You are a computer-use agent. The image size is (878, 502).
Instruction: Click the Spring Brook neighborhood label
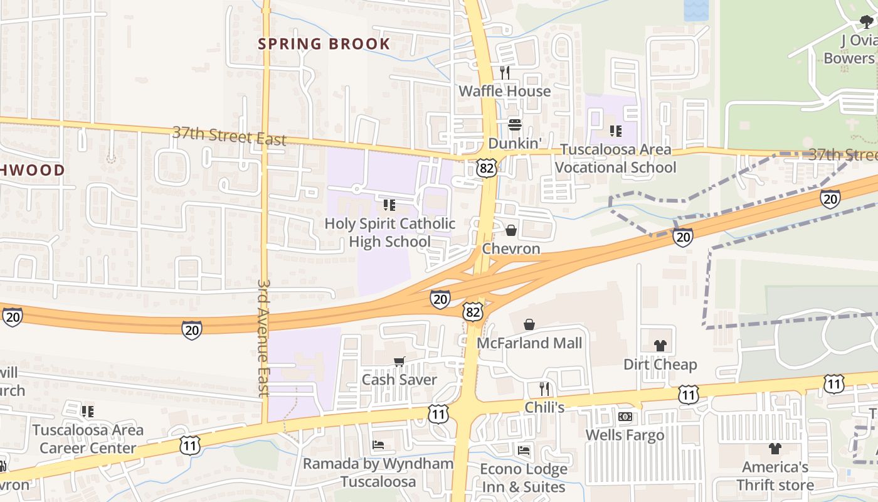(324, 44)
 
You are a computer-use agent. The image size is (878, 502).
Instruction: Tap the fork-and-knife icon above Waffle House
(505, 72)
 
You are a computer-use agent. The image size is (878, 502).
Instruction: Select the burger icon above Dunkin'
(515, 124)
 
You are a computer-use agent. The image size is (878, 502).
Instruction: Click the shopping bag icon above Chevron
(511, 230)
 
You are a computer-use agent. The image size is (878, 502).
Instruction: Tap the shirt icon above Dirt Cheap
(660, 345)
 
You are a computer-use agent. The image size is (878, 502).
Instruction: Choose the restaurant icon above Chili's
(544, 388)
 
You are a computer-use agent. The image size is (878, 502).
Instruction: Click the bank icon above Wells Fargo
(625, 417)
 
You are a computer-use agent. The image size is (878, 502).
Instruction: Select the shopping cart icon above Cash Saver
(399, 361)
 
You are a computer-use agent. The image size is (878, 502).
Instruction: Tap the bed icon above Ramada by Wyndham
(378, 445)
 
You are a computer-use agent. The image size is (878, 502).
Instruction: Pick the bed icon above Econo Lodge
(524, 450)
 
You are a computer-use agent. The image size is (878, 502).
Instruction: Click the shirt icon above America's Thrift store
(775, 449)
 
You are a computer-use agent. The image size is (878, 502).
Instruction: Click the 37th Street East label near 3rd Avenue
(229, 136)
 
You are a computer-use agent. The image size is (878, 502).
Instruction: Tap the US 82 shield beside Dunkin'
(487, 167)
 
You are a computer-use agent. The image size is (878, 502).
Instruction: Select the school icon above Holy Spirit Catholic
(389, 205)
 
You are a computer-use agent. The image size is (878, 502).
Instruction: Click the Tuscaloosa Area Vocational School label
(615, 158)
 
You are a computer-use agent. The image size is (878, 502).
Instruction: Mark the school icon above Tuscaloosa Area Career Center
(88, 412)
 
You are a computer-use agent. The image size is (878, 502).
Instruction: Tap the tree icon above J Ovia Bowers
(867, 23)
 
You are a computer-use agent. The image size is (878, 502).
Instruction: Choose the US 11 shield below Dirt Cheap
(689, 394)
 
